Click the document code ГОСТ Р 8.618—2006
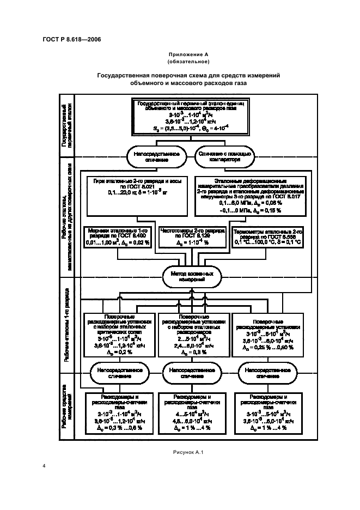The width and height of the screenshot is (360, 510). (x=71, y=39)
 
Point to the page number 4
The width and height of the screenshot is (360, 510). (x=43, y=466)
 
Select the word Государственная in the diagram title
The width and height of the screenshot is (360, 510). (x=123, y=76)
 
